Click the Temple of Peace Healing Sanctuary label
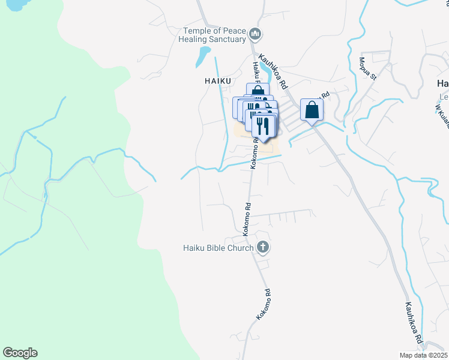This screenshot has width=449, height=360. click(x=215, y=35)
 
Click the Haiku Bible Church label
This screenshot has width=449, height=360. click(x=218, y=247)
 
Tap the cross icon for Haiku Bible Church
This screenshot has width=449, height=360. click(x=262, y=247)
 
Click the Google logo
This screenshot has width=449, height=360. click(x=20, y=353)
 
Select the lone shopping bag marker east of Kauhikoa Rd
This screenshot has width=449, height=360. click(x=312, y=110)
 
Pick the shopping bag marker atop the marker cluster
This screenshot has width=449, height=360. click(x=258, y=90)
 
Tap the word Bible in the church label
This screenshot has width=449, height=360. click(x=219, y=247)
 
